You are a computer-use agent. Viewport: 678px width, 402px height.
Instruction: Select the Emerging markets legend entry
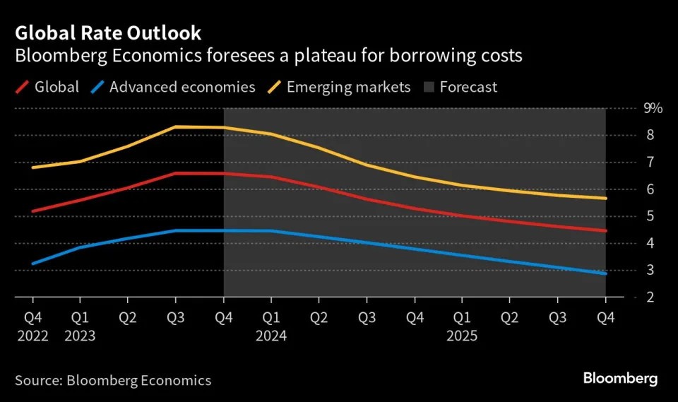[x=348, y=87]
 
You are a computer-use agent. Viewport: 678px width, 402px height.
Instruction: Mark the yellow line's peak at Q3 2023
[x=175, y=126]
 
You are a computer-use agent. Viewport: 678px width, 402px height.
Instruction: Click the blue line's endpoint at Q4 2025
[x=605, y=273]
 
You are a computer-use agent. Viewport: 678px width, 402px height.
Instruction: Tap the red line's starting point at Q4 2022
[x=32, y=211]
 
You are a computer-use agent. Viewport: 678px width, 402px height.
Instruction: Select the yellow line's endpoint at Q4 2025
[x=605, y=199]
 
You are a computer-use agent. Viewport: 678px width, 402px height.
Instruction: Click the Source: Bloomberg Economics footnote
[x=113, y=380]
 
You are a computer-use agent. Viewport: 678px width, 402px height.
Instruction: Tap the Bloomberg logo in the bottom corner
[x=620, y=379]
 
